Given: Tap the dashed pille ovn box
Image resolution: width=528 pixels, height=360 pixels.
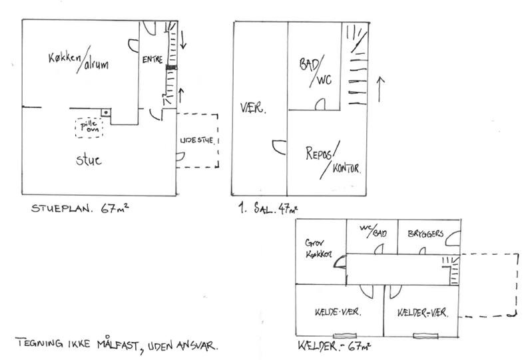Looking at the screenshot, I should click(x=89, y=127).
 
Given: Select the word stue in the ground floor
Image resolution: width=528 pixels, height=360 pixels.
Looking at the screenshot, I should click(x=87, y=160).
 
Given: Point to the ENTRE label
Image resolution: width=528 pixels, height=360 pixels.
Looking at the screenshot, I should click(x=152, y=60).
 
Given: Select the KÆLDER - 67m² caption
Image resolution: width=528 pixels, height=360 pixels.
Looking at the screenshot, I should click(x=335, y=346).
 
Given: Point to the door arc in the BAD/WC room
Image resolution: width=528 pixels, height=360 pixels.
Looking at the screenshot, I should click(x=320, y=104).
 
